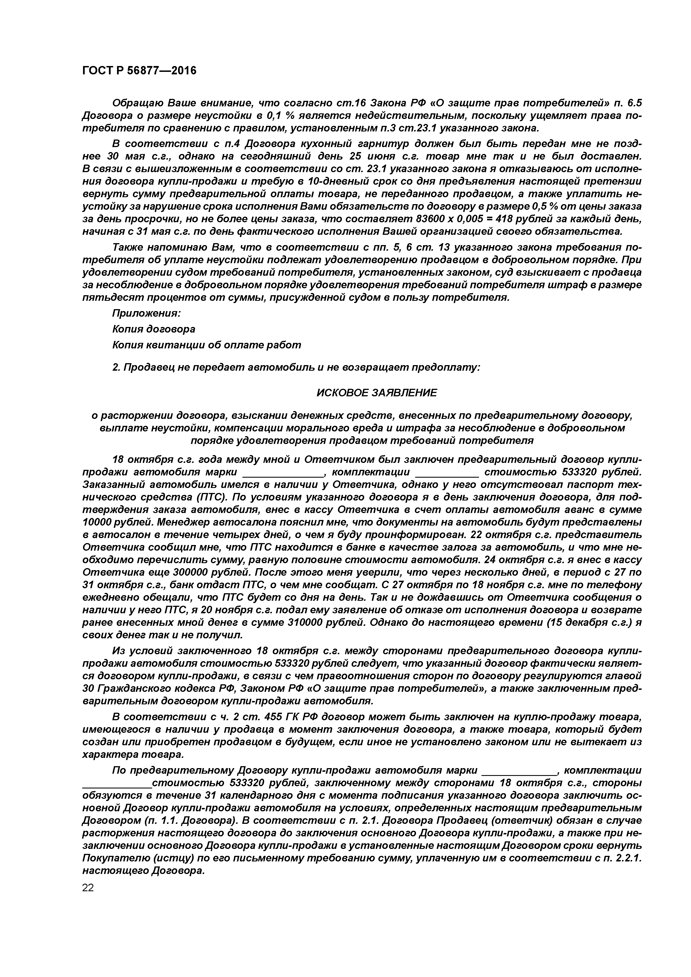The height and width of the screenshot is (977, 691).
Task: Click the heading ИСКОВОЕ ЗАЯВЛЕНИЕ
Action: (x=376, y=392)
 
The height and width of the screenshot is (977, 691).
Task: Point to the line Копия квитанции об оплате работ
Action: (x=206, y=345)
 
